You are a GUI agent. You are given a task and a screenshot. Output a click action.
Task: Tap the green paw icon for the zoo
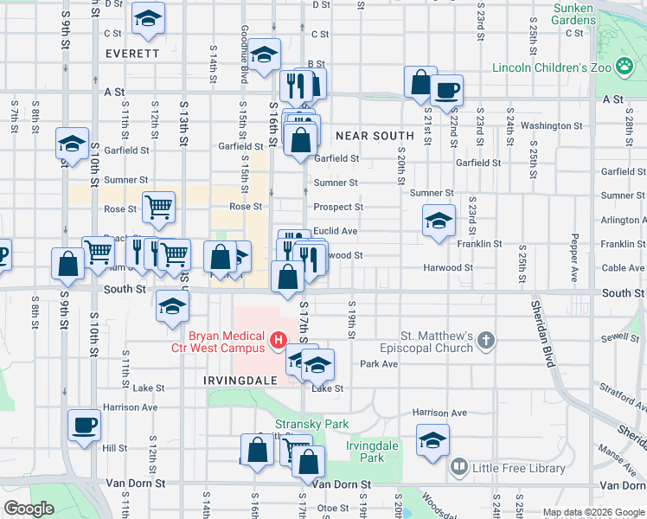pos(623,66)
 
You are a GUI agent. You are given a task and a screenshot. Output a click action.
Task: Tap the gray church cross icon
pos(486,340)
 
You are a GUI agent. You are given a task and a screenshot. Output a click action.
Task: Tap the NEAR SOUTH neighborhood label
pos(375,136)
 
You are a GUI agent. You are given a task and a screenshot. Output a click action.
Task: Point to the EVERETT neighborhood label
pos(132,53)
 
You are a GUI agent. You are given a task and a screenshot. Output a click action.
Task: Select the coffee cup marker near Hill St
pos(84,425)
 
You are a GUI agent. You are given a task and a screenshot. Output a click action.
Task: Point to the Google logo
pos(29,509)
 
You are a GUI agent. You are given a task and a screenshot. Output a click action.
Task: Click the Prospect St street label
pos(338,208)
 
